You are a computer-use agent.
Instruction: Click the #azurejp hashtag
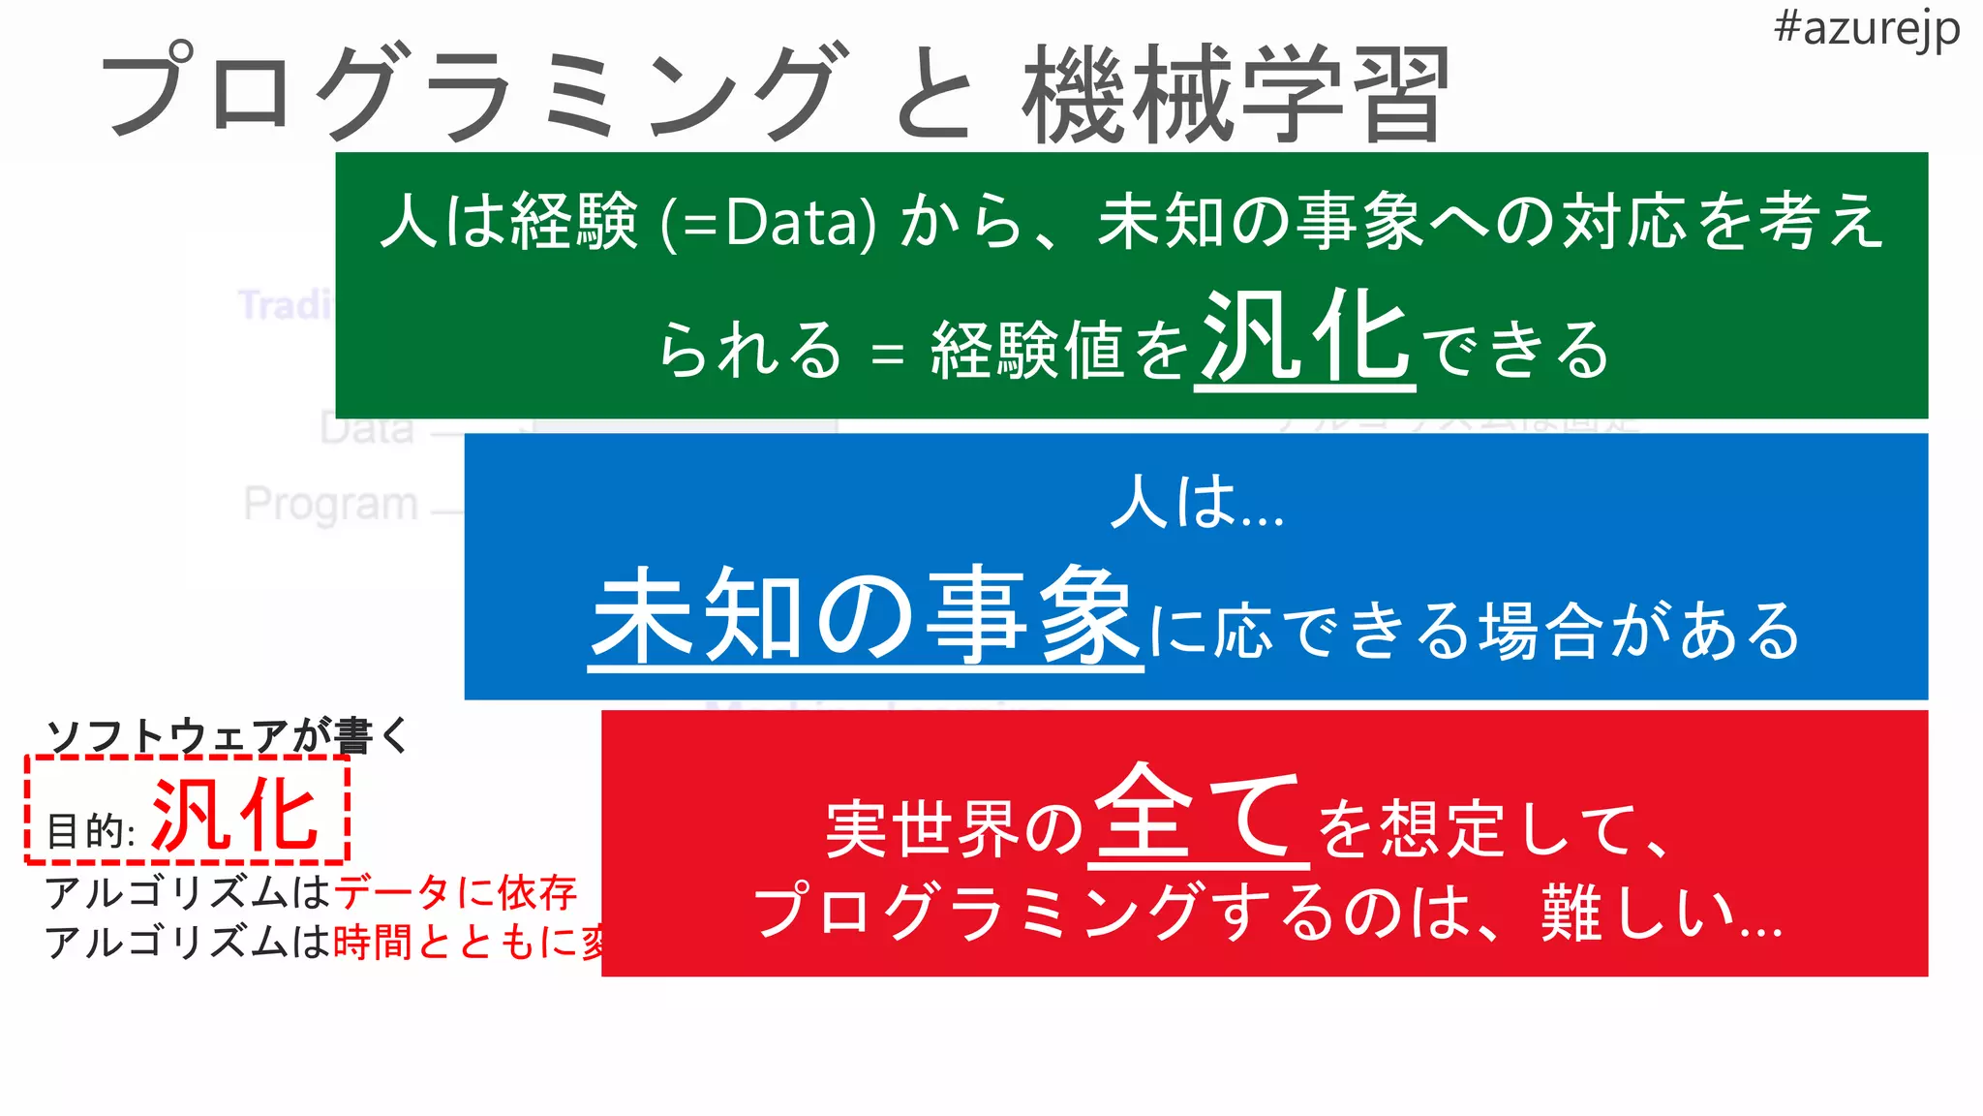(1866, 29)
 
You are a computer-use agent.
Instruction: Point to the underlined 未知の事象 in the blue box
(865, 615)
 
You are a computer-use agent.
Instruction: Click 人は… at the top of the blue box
(1197, 503)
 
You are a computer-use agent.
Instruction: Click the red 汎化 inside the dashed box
(235, 815)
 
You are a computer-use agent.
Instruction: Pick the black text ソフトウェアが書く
(229, 736)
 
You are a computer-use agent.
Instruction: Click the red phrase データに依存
(455, 892)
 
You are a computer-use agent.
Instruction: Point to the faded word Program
(330, 504)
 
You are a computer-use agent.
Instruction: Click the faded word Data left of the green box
(366, 428)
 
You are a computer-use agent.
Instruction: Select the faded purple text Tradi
(285, 305)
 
